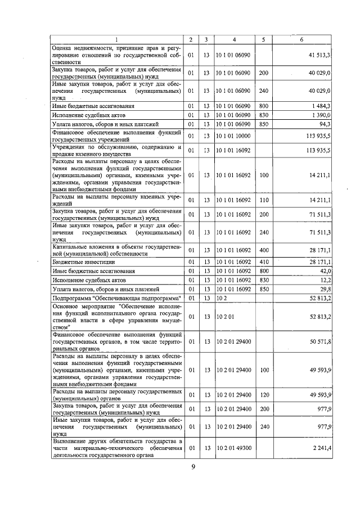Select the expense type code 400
point(263,250)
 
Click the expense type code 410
point(263,262)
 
